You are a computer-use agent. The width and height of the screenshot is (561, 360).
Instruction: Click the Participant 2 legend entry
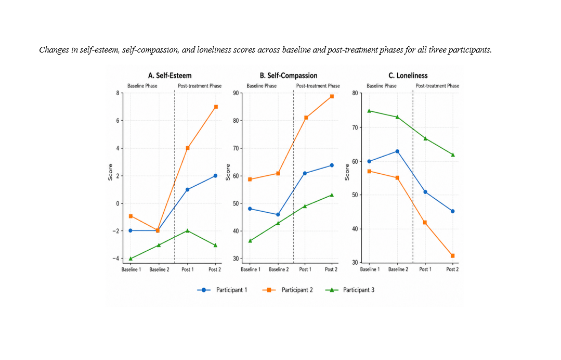tap(288, 290)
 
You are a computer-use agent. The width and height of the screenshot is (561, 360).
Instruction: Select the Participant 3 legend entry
tap(349, 290)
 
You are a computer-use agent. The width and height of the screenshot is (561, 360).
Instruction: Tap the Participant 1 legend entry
tap(222, 290)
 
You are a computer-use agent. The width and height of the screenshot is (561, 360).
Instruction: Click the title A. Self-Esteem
tap(170, 75)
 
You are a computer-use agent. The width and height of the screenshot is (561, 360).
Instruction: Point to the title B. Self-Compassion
tap(289, 75)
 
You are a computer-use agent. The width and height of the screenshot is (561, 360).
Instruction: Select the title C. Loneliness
tap(408, 75)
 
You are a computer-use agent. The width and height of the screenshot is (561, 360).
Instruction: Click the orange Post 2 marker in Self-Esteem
tap(216, 107)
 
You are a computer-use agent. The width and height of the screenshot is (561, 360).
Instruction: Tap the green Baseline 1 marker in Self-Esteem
tap(131, 259)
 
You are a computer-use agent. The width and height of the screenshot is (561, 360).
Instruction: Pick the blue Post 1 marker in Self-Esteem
tap(188, 190)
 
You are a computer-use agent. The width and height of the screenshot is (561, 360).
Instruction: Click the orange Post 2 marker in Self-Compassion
tap(332, 96)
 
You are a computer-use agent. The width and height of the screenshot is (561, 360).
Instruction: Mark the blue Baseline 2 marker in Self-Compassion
tap(278, 215)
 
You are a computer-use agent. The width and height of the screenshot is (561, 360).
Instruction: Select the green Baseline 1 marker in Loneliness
tap(369, 111)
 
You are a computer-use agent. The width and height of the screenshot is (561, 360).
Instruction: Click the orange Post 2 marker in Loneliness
tap(452, 256)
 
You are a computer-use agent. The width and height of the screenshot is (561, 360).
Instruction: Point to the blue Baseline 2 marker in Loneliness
tap(397, 151)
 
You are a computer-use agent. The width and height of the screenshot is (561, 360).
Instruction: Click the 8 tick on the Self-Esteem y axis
tap(118, 93)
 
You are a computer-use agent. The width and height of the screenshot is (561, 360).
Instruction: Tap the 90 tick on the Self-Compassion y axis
tap(236, 93)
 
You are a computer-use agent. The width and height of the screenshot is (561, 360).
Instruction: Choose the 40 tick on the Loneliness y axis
tap(355, 229)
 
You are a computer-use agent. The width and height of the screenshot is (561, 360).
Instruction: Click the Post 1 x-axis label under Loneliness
tap(425, 269)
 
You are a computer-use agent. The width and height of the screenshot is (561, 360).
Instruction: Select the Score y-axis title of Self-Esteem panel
tap(110, 172)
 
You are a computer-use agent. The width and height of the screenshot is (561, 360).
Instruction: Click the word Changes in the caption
tap(54, 50)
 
